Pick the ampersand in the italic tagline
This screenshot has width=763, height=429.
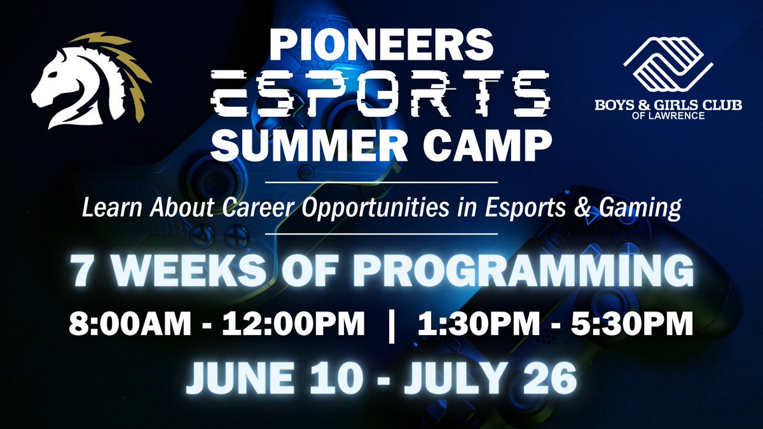(x=593, y=208)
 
